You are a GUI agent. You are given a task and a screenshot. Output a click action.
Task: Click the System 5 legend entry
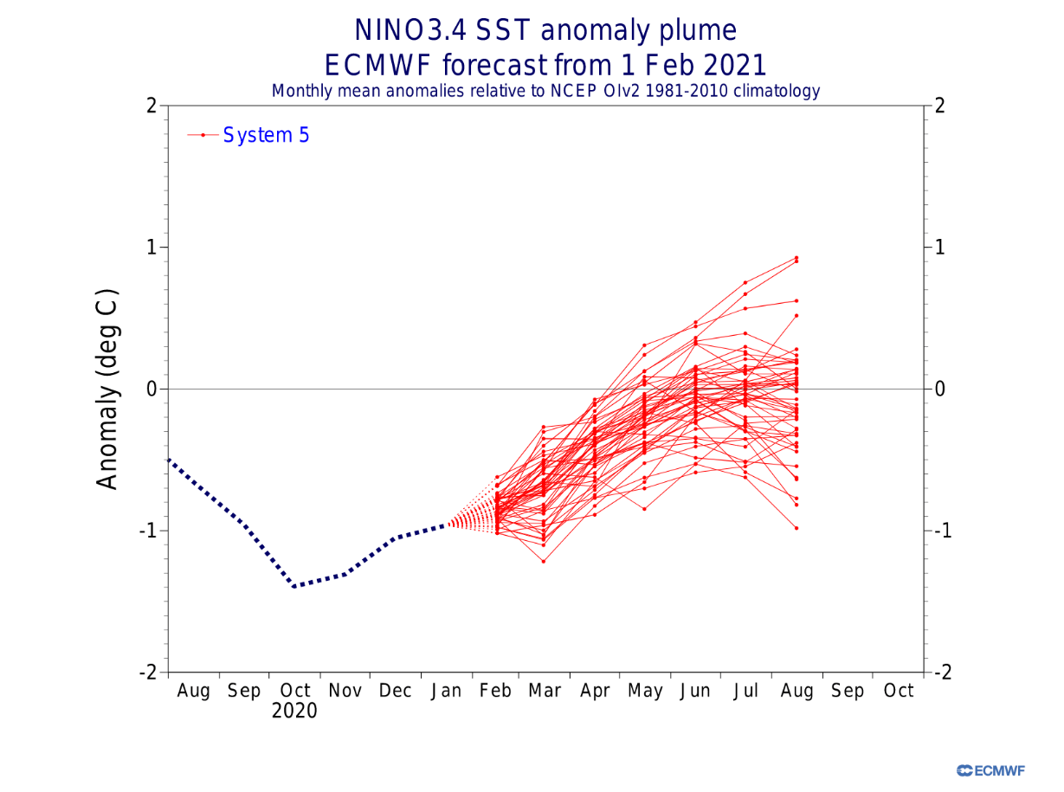[x=266, y=135]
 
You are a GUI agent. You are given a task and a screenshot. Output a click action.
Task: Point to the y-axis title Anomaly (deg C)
[x=107, y=389]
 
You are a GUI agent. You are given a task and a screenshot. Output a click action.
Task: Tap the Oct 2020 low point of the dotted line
[x=295, y=587]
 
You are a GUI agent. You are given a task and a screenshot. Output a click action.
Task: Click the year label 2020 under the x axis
[x=294, y=712]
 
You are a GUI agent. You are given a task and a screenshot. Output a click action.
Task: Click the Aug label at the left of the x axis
[x=194, y=692]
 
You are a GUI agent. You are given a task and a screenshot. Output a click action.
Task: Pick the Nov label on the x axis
[x=345, y=692]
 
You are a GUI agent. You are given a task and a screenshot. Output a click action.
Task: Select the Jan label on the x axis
[x=447, y=692]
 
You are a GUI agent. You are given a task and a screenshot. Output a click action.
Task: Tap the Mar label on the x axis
[x=545, y=692]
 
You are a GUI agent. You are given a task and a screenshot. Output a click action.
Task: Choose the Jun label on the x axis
[x=696, y=692]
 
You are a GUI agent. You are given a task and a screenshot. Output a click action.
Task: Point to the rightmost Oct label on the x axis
[x=898, y=692]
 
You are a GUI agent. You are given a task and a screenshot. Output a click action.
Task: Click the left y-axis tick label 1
[x=152, y=248]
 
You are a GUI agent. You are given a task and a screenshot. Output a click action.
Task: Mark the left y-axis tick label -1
[x=149, y=531]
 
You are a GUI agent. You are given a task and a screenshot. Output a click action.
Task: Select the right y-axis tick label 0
[x=939, y=389]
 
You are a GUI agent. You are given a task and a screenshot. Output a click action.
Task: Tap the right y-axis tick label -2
[x=943, y=672]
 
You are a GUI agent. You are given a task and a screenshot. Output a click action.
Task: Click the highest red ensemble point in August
[x=796, y=257]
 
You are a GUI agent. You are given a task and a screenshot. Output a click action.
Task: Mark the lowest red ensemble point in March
[x=544, y=562]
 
